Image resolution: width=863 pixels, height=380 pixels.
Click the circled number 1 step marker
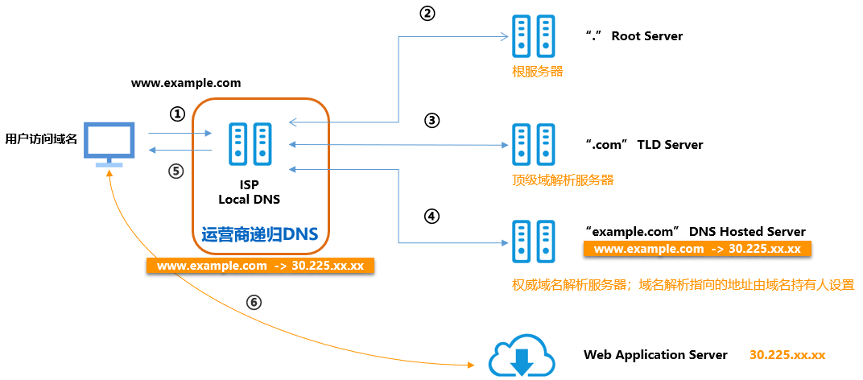click(x=177, y=114)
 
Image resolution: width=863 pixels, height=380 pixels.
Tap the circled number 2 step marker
click(x=427, y=14)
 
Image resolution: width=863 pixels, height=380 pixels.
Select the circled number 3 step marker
click(x=431, y=121)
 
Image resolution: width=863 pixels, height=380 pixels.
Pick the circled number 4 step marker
click(x=431, y=216)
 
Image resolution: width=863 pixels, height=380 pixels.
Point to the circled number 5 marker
click(x=177, y=171)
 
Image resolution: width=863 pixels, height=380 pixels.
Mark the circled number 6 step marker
click(x=254, y=302)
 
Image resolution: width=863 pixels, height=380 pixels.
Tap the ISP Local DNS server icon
click(x=250, y=145)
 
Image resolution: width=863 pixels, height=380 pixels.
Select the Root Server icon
click(x=534, y=38)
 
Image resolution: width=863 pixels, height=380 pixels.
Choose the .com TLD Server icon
click(x=534, y=145)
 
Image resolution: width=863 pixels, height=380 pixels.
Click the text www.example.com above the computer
click(x=186, y=83)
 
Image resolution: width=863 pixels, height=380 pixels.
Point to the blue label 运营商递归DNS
click(x=259, y=234)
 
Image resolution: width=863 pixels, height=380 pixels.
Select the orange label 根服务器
click(x=537, y=72)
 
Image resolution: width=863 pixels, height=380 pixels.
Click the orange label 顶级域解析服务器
click(x=563, y=180)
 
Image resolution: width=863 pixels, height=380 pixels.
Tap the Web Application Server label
click(x=655, y=355)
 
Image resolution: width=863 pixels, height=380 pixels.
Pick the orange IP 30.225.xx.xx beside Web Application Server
click(x=787, y=355)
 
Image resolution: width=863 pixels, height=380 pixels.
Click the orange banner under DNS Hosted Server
click(x=697, y=250)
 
